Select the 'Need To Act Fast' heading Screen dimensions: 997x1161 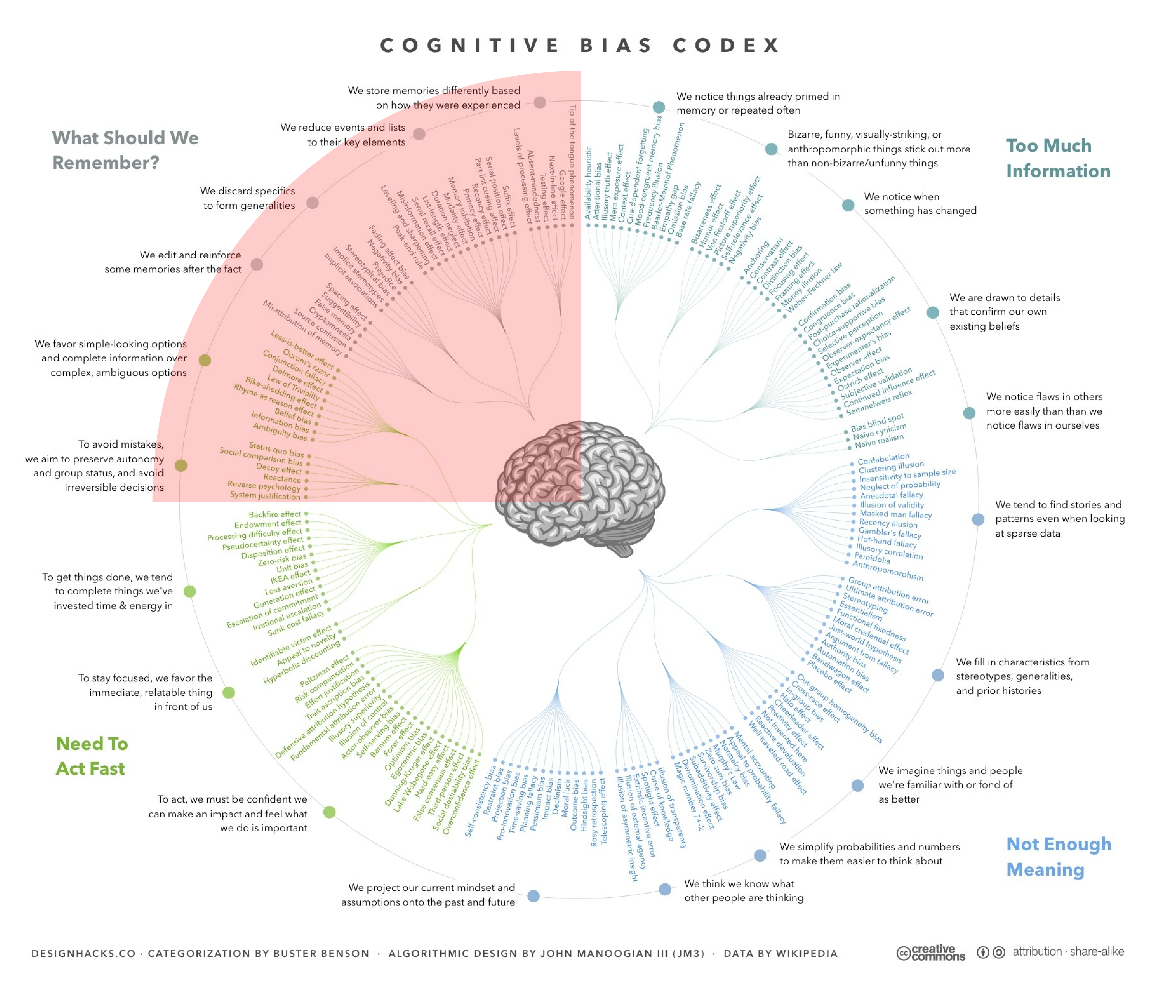pos(91,756)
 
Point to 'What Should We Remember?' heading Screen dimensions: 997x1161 pos(125,150)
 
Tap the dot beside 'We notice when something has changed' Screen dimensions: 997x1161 pos(848,205)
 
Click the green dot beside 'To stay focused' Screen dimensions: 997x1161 pos(229,693)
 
